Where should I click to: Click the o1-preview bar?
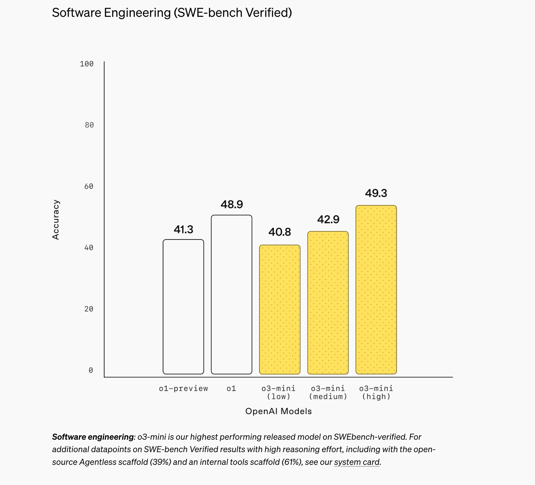(x=183, y=307)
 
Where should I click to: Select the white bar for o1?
(x=232, y=294)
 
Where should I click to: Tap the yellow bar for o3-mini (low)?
(x=280, y=309)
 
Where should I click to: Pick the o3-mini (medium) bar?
(x=328, y=303)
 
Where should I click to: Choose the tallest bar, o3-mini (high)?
(x=376, y=289)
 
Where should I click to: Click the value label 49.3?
(x=376, y=193)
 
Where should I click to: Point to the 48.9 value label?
(x=232, y=204)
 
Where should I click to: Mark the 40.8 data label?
(x=280, y=232)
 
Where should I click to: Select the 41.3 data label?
(x=183, y=229)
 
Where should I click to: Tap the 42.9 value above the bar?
(x=328, y=219)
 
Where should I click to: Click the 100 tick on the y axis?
(x=87, y=64)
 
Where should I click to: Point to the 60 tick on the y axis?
(x=89, y=186)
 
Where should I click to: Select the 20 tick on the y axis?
(x=89, y=309)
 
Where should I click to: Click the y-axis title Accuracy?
(x=56, y=220)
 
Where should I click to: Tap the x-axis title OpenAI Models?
(x=278, y=411)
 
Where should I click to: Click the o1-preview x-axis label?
(x=183, y=389)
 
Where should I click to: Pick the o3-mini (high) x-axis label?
(x=376, y=392)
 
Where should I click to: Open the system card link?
(x=357, y=462)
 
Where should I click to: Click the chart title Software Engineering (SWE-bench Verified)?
(x=172, y=13)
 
